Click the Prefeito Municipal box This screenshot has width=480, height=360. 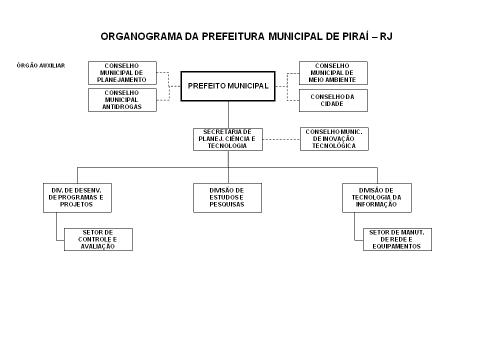228,86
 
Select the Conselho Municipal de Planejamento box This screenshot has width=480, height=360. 122,73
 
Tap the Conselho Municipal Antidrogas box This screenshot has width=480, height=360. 122,100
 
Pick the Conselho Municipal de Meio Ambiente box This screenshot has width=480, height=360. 333,73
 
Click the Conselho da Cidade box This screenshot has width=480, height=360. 333,100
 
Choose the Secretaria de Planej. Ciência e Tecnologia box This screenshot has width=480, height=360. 228,139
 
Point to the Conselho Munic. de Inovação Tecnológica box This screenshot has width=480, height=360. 334,139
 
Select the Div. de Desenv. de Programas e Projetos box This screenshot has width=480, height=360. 77,198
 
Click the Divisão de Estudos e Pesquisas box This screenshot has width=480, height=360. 228,198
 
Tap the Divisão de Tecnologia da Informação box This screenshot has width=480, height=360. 377,198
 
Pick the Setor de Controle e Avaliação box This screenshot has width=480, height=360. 98,239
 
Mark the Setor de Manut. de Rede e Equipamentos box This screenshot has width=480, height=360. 397,239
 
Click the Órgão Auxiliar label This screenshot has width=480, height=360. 40,65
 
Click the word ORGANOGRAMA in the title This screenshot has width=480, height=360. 141,36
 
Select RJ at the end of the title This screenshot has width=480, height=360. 386,36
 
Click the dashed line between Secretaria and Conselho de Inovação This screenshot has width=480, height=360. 281,139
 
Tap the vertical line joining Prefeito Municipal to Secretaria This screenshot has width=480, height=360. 228,114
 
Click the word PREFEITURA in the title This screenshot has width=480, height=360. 233,36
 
